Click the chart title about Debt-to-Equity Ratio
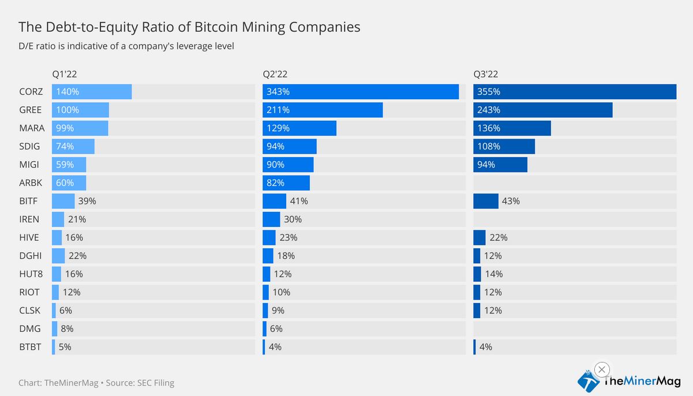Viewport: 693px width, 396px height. tap(189, 27)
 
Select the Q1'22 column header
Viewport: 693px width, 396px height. tap(65, 74)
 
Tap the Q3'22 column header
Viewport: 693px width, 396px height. tap(486, 74)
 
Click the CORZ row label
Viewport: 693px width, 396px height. tap(31, 92)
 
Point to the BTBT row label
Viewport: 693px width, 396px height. tap(31, 347)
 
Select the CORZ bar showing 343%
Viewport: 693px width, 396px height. tap(361, 92)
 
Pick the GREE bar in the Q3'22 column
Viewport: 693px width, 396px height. tap(542, 110)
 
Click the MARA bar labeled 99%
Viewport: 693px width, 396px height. tap(80, 128)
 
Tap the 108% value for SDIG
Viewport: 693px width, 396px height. tap(489, 147)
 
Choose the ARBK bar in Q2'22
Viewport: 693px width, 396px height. tap(286, 183)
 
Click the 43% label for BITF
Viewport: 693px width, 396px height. tap(511, 201)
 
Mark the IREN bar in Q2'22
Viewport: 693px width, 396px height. tap(271, 219)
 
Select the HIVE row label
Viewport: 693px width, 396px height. tap(30, 237)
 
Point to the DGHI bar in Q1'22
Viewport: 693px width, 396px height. tap(58, 256)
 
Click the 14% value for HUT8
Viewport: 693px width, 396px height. tap(493, 274)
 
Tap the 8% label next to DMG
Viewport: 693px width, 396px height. tap(67, 328)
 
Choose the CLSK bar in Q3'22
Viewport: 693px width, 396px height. tap(477, 311)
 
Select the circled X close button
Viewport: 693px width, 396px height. tap(601, 369)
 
